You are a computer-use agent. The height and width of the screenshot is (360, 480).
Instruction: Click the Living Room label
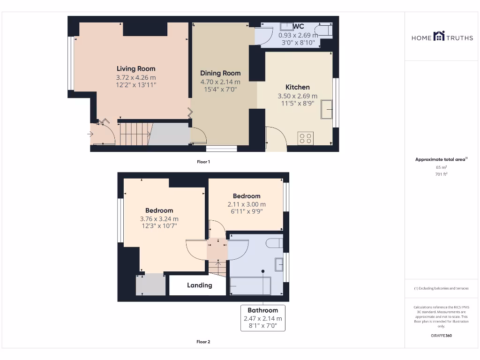(x=136, y=69)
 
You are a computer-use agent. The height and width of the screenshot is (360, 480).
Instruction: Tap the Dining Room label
(x=220, y=73)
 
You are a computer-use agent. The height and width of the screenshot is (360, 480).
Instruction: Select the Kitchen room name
(x=298, y=87)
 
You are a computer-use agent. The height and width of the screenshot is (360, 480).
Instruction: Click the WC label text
(x=299, y=27)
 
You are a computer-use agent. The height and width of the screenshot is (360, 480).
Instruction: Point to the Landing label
(x=200, y=285)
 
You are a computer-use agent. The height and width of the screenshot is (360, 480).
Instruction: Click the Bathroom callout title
(x=262, y=310)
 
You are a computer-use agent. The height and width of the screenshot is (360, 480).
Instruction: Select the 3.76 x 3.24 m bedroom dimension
(x=159, y=219)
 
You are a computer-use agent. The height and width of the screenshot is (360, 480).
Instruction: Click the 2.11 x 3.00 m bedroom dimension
(x=247, y=204)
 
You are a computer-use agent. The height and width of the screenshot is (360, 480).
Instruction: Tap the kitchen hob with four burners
(x=306, y=138)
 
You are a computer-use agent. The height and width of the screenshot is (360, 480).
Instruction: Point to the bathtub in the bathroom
(x=250, y=285)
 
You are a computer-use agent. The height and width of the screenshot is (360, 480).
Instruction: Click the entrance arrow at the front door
(x=90, y=135)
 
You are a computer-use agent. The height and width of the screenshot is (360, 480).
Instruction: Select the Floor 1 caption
(x=203, y=162)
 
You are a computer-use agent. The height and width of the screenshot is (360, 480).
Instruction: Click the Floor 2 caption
(x=203, y=342)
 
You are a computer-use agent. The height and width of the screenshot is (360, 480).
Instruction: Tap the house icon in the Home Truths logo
(x=439, y=36)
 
